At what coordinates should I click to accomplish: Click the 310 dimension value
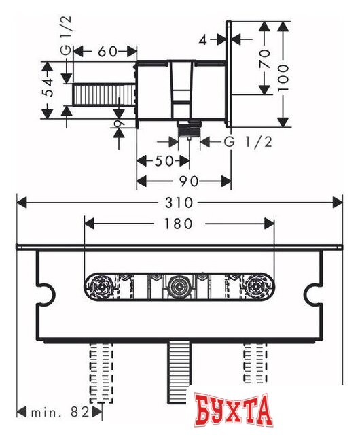click(179, 203)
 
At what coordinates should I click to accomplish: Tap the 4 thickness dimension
click(204, 39)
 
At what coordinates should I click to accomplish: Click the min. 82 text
click(59, 411)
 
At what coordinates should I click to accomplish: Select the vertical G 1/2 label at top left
click(66, 40)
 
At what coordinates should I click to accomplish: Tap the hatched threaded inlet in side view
click(104, 95)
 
